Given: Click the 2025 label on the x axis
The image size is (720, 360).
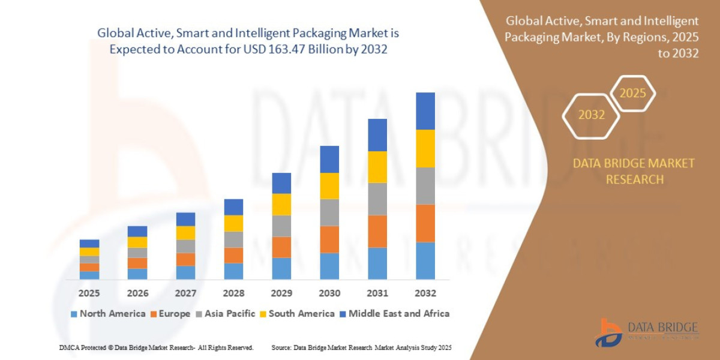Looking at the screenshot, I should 89,293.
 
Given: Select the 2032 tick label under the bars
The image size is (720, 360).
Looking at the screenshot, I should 425,293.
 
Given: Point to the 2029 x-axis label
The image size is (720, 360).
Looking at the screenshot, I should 281,293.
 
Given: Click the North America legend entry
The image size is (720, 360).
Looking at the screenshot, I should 108,313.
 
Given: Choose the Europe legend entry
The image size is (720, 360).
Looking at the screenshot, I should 170,313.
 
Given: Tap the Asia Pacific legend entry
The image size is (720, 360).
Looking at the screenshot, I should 226,313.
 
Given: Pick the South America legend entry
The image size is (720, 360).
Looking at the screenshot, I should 297,313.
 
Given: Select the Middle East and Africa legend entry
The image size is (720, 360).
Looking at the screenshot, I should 394,313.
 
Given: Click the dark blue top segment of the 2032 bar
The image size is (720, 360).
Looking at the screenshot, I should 425,111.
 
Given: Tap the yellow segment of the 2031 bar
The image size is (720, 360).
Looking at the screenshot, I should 377,167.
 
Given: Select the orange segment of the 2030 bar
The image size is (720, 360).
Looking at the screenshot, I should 329,239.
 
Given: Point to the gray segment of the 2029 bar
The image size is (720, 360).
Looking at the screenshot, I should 281,226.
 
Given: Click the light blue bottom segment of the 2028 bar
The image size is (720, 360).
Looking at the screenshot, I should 233,271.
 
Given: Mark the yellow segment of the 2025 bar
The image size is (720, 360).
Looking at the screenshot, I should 89,252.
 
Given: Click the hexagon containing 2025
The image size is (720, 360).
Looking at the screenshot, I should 632,94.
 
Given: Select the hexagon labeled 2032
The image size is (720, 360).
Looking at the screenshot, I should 591,115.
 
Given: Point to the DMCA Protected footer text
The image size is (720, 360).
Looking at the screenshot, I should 156,347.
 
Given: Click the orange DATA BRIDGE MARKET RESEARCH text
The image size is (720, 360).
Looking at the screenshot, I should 634,171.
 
